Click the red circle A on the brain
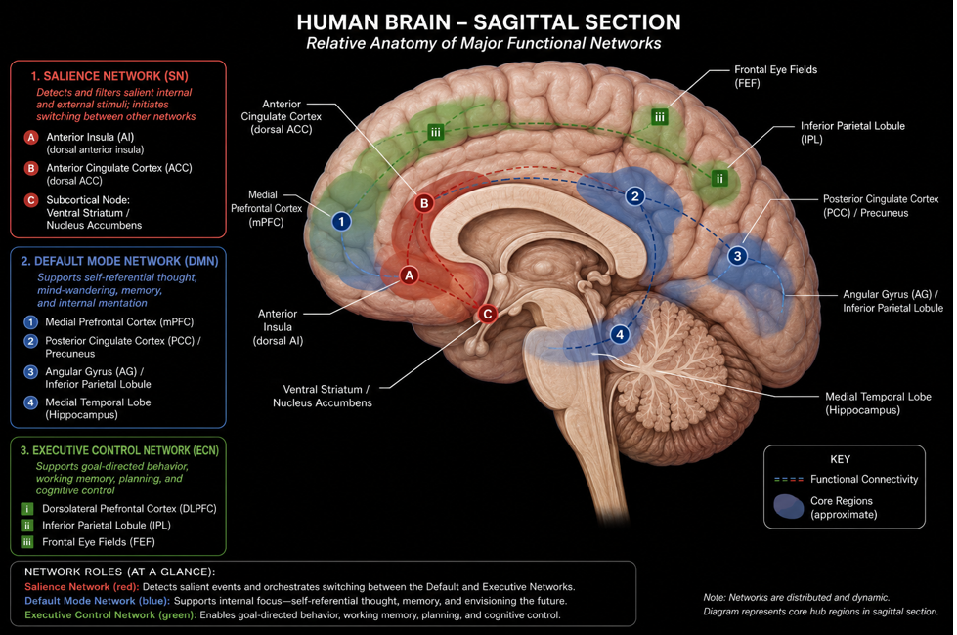(409, 275)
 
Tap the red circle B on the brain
(424, 203)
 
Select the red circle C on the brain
(487, 314)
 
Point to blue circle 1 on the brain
(342, 221)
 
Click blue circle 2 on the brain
(635, 195)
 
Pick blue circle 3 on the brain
(738, 256)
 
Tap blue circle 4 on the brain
(620, 334)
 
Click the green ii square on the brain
(719, 178)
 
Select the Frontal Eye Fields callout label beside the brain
(775, 76)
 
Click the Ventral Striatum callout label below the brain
(323, 396)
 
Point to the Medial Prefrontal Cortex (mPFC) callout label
(266, 208)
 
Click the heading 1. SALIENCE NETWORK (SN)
(109, 76)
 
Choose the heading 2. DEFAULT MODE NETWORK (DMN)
(119, 261)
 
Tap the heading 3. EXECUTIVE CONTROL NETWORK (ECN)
(119, 450)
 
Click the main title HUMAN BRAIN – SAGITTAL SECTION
(488, 22)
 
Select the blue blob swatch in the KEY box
(789, 507)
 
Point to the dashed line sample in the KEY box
(789, 480)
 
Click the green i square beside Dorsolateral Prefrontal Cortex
(26, 509)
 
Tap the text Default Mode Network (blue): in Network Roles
(98, 601)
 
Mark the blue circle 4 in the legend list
(30, 402)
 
